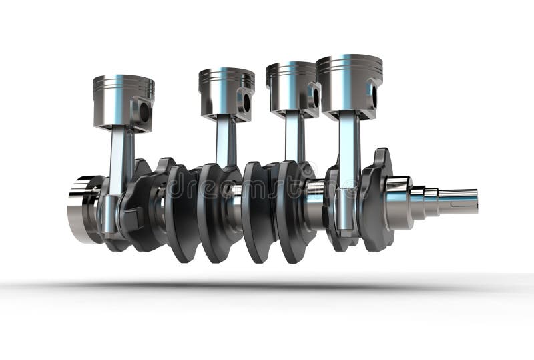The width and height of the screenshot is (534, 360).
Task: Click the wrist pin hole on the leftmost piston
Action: (144, 112)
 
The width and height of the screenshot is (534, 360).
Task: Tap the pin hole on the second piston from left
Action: (246, 102)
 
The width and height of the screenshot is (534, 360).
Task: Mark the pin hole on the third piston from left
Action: (316, 97)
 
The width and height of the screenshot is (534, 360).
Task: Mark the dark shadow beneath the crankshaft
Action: (267, 286)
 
